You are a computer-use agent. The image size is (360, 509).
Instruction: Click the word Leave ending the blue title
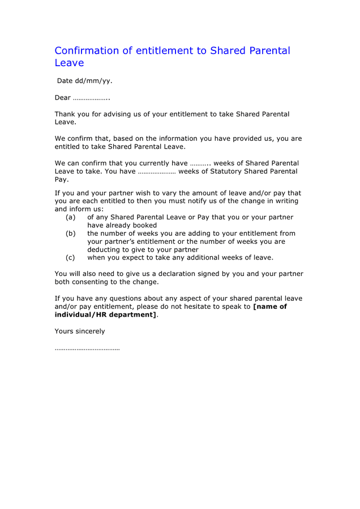(x=69, y=63)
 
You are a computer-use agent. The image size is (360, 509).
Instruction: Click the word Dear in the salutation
(x=62, y=98)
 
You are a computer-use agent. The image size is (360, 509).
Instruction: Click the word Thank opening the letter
(x=65, y=114)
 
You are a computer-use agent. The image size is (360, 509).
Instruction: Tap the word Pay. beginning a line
(x=62, y=179)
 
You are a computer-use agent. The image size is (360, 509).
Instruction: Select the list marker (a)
(x=70, y=217)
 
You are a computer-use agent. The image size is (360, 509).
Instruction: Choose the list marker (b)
(x=70, y=233)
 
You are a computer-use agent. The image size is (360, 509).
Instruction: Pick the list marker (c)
(x=70, y=257)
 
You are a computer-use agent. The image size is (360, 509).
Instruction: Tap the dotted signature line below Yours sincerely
(x=87, y=349)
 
